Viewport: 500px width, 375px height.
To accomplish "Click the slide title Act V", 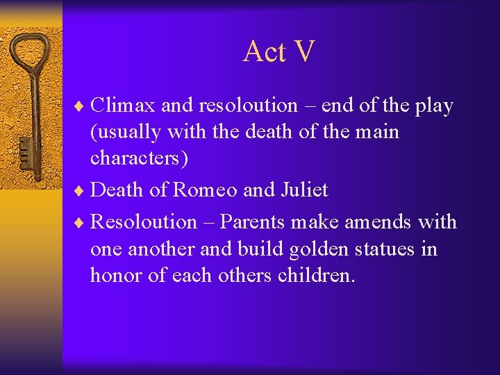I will pos(278,52).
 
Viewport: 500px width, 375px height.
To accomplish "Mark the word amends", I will pos(378,222).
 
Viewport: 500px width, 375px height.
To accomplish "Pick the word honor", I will pos(115,275).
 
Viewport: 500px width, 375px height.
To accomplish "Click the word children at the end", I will pos(316,275).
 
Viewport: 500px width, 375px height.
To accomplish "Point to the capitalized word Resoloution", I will pos(144,222).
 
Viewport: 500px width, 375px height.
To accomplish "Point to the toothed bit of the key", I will pos(25,149).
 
